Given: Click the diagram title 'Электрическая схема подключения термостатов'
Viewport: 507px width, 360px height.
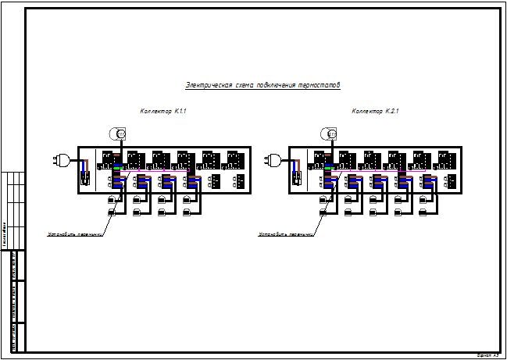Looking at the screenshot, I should point(262,84).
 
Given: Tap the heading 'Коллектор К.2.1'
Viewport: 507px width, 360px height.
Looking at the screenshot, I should point(375,112).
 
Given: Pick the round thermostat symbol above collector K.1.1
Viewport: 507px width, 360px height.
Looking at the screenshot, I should point(118,134).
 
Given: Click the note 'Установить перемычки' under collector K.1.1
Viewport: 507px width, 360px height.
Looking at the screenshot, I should point(75,233).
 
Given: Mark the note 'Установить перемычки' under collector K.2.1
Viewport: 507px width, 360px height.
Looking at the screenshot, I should point(287,233).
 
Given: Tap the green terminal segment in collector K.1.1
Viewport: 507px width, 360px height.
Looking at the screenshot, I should point(117,167).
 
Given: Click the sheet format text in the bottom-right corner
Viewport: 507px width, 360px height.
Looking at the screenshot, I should point(487,355).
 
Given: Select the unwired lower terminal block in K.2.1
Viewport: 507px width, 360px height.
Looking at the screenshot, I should point(452,181).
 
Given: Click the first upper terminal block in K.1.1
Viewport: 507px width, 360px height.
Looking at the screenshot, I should point(110,159).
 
